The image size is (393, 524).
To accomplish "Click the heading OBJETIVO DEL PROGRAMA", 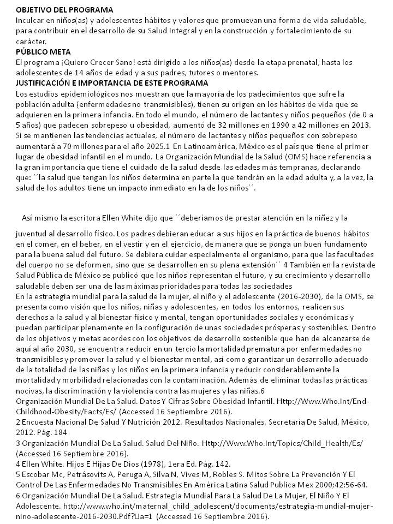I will (65, 10).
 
